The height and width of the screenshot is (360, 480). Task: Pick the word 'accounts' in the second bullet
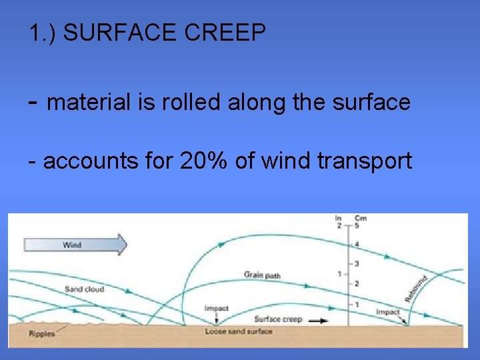click(83, 161)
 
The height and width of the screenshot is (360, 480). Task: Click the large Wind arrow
click(75, 245)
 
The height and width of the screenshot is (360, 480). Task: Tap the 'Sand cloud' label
click(84, 289)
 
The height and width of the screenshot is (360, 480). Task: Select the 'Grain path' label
click(262, 275)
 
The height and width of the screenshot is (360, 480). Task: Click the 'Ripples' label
click(42, 334)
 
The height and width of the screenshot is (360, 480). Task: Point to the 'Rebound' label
click(415, 288)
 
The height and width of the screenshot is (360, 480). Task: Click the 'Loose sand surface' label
click(239, 331)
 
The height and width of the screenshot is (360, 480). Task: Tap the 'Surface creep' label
click(278, 319)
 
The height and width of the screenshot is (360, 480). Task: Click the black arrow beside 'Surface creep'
click(319, 321)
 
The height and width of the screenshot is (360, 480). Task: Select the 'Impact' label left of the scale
click(216, 308)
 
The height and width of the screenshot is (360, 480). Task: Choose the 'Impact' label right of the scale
click(387, 312)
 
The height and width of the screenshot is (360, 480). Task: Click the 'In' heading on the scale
click(339, 218)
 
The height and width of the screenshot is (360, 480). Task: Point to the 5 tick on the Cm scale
click(356, 225)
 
